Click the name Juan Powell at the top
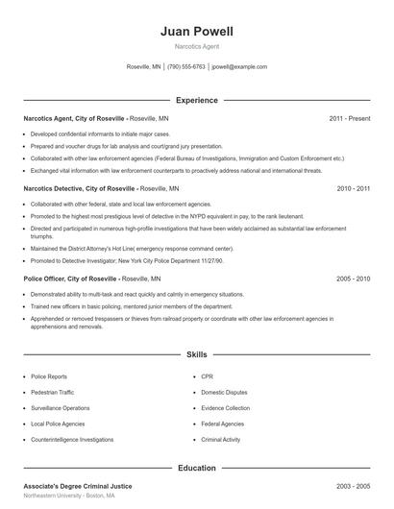(196, 32)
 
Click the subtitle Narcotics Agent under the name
(196, 46)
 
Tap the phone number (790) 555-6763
(186, 67)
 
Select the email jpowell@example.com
(239, 67)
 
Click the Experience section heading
(197, 100)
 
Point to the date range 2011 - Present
(349, 118)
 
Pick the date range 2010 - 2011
(353, 189)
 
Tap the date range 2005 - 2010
(353, 279)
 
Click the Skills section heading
(197, 354)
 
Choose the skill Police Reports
(49, 377)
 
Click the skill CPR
(208, 377)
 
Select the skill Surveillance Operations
(61, 408)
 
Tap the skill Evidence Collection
(226, 408)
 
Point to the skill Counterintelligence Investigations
(72, 439)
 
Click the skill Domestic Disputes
(225, 393)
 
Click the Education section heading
(197, 468)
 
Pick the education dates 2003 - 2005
(353, 487)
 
